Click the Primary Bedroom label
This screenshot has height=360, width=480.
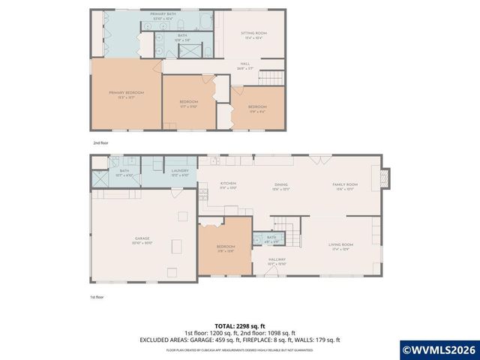(125, 93)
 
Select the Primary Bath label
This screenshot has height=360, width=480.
(162, 15)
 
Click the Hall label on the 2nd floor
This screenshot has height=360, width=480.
(244, 64)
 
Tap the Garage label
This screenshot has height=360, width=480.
(142, 239)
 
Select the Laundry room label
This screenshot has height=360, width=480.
(179, 171)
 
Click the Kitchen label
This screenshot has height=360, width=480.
(228, 184)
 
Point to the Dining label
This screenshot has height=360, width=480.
(281, 184)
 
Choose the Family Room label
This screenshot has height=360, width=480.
(346, 184)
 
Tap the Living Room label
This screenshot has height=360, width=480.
(340, 245)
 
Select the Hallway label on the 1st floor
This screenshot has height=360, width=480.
(278, 260)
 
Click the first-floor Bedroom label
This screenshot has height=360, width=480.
(226, 247)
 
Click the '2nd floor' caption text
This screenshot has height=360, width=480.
(100, 142)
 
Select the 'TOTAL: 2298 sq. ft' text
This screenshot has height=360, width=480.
(240, 326)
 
